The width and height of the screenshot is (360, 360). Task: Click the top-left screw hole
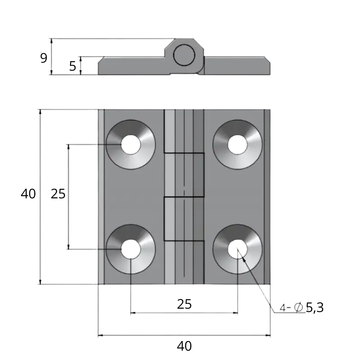pyautogui.click(x=131, y=144)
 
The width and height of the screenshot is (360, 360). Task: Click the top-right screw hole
pyautogui.click(x=238, y=144)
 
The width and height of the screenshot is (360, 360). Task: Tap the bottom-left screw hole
pyautogui.click(x=131, y=249)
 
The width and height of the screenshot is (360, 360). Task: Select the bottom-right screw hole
pyautogui.click(x=238, y=249)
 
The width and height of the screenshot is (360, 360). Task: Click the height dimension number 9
pyautogui.click(x=44, y=58)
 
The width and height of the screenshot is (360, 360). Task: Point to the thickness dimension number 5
pyautogui.click(x=73, y=66)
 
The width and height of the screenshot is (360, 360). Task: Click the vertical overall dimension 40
pyautogui.click(x=28, y=194)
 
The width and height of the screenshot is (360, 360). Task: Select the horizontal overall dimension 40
pyautogui.click(x=184, y=346)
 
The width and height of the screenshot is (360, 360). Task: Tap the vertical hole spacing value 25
pyautogui.click(x=58, y=194)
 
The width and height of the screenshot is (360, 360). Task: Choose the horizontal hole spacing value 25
pyautogui.click(x=184, y=304)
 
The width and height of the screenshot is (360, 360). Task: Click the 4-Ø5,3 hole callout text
pyautogui.click(x=302, y=308)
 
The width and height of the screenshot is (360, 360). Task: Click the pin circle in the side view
pyautogui.click(x=184, y=55)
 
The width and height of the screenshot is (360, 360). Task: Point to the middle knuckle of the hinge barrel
pyautogui.click(x=184, y=175)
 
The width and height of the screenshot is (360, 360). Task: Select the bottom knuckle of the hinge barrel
pyautogui.click(x=184, y=263)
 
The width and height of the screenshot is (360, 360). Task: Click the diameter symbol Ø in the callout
pyautogui.click(x=299, y=308)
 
